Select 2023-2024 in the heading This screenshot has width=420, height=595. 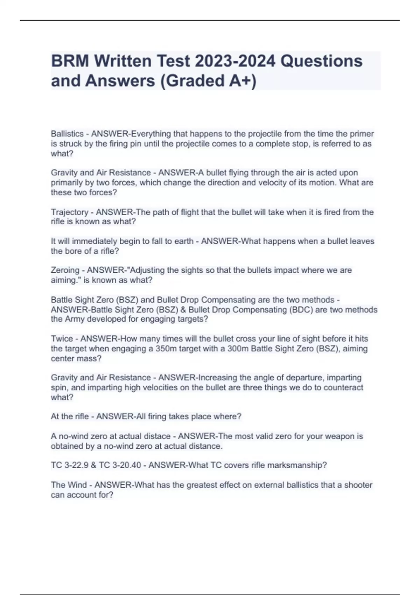coord(235,61)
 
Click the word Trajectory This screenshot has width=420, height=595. coord(69,212)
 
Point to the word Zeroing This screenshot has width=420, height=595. coord(65,270)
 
